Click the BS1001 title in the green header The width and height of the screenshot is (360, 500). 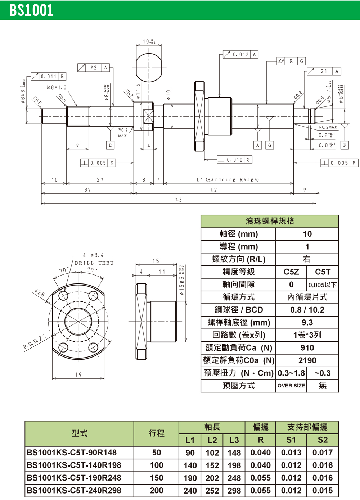32,10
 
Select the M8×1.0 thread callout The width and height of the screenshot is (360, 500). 57,87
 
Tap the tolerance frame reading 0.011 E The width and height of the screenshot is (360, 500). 49,76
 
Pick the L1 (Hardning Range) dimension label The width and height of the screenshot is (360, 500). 228,179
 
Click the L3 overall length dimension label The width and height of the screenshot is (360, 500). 179,200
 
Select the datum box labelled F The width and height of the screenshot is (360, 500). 345,145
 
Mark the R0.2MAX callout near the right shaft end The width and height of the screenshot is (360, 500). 328,127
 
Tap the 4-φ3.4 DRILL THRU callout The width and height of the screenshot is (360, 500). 94,259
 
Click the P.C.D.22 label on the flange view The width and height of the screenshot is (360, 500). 34,342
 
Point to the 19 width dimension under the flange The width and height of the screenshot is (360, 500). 78,374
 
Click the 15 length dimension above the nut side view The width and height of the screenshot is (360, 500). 156,261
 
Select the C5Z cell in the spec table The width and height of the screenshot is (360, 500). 291,272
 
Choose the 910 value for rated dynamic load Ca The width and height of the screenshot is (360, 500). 307,348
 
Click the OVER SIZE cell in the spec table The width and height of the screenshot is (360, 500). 291,386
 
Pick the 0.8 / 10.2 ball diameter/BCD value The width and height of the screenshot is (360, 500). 307,310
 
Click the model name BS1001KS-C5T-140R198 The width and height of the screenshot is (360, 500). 74,465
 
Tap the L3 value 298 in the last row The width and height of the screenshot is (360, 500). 234,491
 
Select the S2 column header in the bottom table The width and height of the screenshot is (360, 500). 323,440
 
